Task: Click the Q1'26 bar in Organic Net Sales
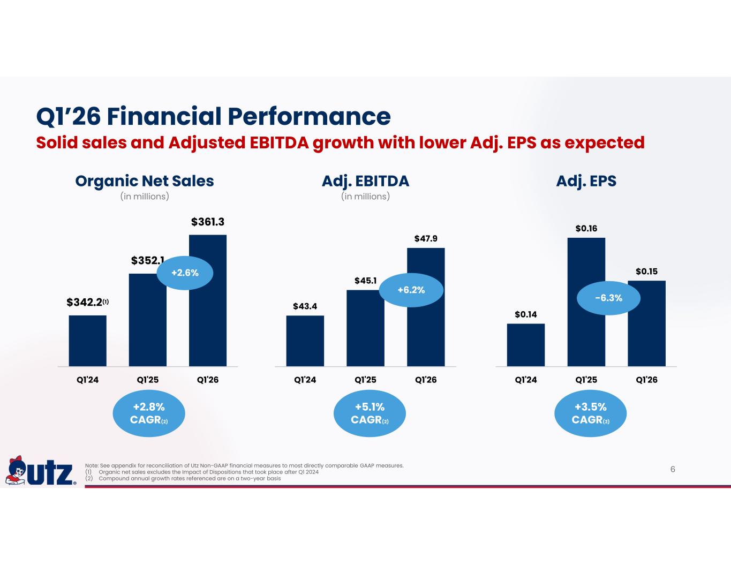(208, 300)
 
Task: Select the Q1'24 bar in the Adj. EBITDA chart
(305, 341)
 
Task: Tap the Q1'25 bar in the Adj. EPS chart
(586, 302)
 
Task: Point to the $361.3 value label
(208, 222)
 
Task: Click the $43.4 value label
(305, 306)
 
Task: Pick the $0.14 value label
(526, 314)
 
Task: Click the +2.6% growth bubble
(185, 273)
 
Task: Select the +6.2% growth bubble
(411, 290)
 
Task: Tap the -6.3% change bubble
(608, 298)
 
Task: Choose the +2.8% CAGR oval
(149, 413)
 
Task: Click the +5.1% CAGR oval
(370, 413)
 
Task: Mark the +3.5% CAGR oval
(590, 413)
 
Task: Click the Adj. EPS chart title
(586, 181)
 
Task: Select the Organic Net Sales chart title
(145, 181)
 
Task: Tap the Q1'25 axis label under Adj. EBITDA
(365, 380)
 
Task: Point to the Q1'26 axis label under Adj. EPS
(646, 380)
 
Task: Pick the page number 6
(673, 469)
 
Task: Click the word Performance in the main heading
(309, 116)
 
